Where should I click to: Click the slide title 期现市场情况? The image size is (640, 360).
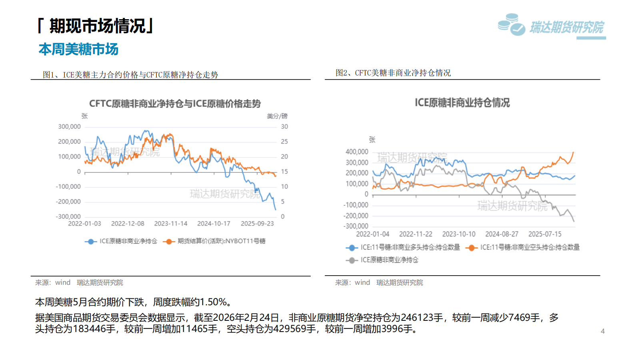click(96, 26)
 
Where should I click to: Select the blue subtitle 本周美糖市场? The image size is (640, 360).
click(78, 49)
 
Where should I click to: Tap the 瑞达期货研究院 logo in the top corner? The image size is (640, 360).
click(552, 26)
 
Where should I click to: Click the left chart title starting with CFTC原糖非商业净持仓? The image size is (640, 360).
click(175, 104)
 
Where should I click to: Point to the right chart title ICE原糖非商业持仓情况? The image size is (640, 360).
click(462, 103)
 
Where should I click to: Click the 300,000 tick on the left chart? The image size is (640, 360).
click(69, 127)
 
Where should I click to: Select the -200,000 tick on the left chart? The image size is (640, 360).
click(68, 202)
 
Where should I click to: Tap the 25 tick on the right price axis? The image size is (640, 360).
click(284, 142)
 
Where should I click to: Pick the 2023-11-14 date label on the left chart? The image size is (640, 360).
click(171, 224)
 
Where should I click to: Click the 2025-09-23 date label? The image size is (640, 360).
click(257, 224)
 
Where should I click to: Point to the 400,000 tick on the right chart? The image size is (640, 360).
click(357, 152)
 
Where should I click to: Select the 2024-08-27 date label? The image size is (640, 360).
click(502, 234)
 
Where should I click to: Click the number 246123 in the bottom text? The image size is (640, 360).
click(422, 318)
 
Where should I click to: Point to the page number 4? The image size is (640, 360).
click(602, 331)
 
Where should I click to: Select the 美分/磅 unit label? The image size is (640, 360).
click(277, 116)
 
